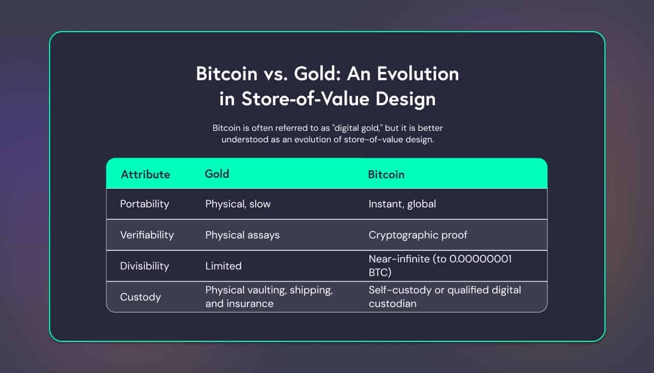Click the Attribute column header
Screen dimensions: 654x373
[146, 175]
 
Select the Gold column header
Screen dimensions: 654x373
[217, 174]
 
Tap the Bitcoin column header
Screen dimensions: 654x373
[386, 175]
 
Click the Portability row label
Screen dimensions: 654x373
[144, 204]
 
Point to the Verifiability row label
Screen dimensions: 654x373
[147, 235]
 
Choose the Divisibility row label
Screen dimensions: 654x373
[144, 266]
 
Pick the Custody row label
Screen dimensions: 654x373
[141, 297]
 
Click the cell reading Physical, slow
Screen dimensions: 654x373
[238, 204]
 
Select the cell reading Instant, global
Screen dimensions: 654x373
[402, 204]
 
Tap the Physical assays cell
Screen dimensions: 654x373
[243, 235]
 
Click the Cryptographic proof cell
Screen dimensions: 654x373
[418, 235]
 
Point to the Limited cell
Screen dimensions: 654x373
[223, 266]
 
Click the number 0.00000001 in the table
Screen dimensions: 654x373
[480, 259]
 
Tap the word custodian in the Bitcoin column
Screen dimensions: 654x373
[392, 304]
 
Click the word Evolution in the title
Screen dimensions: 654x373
[418, 74]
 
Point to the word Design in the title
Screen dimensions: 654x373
[405, 99]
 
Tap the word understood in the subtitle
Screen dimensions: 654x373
[245, 140]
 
